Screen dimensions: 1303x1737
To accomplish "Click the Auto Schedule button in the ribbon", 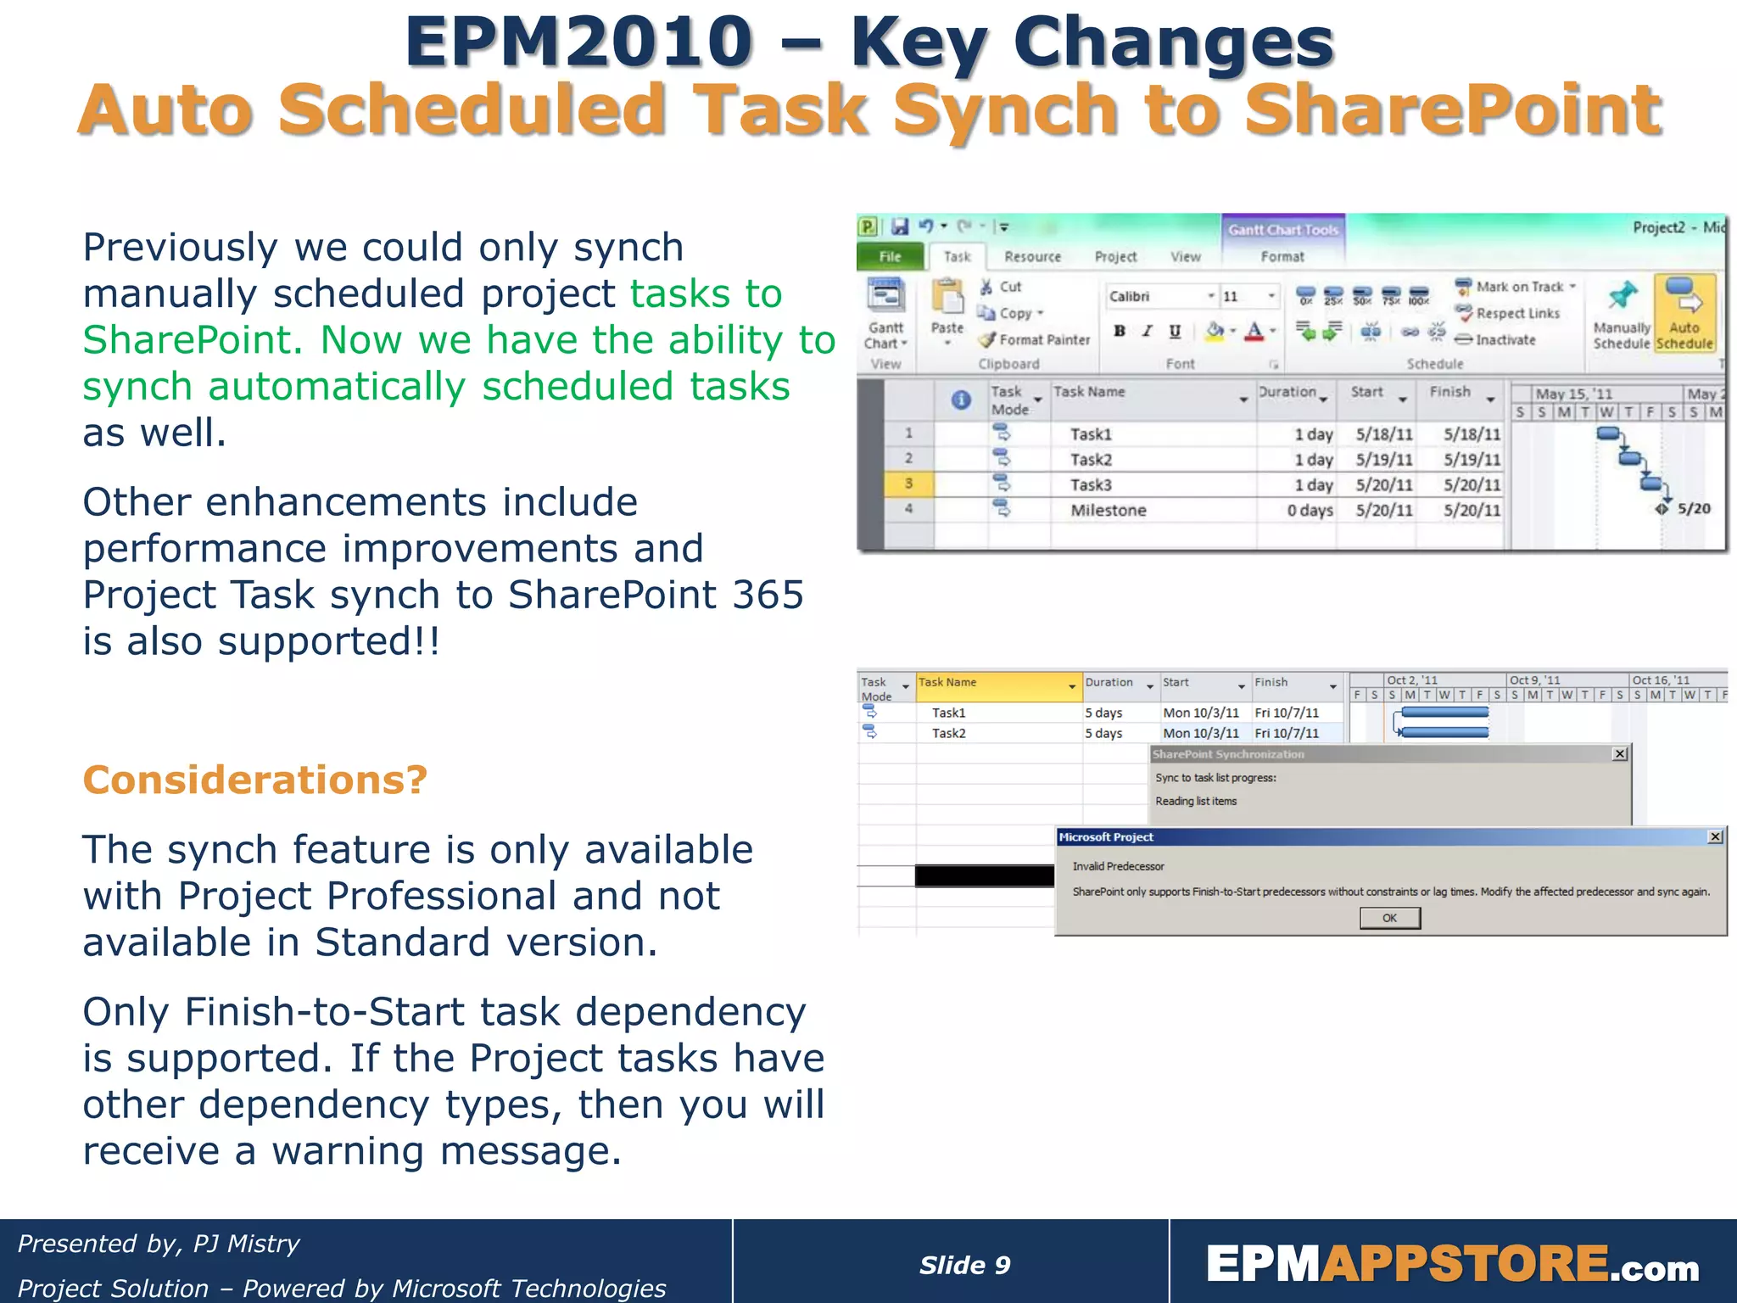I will click(1684, 314).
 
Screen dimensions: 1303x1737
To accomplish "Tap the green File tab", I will click(890, 256).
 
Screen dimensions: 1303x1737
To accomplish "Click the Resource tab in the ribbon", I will click(1032, 256).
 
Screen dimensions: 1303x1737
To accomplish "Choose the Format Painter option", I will click(1035, 339).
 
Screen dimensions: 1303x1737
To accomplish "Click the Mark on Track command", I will click(1518, 287).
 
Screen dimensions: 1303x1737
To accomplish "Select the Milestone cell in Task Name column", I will click(1108, 510).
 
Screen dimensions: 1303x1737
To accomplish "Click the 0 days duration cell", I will click(1309, 510).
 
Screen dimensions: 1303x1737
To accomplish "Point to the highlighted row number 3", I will click(908, 484).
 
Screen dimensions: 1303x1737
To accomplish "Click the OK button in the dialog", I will click(1389, 918).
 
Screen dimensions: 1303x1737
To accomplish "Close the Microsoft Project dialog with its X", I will click(1715, 837).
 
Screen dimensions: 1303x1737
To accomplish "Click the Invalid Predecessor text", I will click(1118, 866).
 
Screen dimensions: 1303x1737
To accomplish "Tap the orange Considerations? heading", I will click(254, 780).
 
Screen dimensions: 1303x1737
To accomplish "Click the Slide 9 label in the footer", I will click(964, 1265).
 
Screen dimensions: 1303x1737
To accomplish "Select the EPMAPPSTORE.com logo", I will click(1452, 1264).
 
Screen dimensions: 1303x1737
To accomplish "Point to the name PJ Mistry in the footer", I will click(246, 1244).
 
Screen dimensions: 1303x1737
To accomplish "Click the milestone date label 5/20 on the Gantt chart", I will click(1694, 508).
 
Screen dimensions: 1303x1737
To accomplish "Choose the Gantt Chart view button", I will click(885, 314).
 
